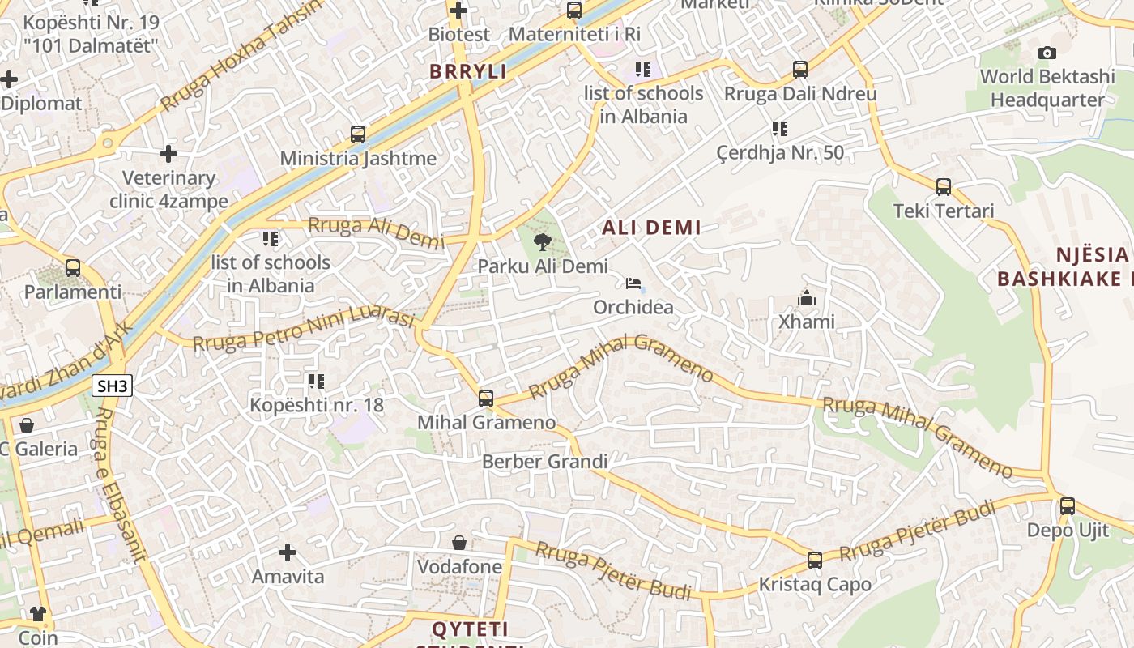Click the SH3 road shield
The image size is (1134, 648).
pyautogui.click(x=112, y=386)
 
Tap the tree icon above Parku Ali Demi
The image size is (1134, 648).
pyautogui.click(x=543, y=241)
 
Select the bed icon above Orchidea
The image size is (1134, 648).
pyautogui.click(x=633, y=283)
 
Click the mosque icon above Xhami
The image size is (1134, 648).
pyautogui.click(x=806, y=298)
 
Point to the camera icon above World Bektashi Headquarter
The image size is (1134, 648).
pyautogui.click(x=1047, y=53)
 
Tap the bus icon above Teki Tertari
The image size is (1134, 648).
pyautogui.click(x=944, y=187)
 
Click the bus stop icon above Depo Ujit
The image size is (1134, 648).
pyautogui.click(x=1068, y=506)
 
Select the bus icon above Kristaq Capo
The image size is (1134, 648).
pyautogui.click(x=815, y=560)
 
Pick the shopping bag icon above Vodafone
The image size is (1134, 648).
pyautogui.click(x=459, y=542)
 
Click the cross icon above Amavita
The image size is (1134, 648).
pyautogui.click(x=288, y=552)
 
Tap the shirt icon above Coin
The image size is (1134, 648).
pyautogui.click(x=38, y=613)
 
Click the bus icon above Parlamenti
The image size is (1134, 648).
pyautogui.click(x=73, y=267)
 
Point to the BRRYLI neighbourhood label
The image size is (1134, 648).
pyautogui.click(x=468, y=71)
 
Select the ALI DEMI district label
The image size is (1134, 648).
pyautogui.click(x=651, y=228)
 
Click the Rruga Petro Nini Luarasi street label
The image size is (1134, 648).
pyautogui.click(x=304, y=328)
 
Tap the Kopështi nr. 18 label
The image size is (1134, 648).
pyautogui.click(x=317, y=404)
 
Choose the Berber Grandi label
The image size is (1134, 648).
pyautogui.click(x=544, y=462)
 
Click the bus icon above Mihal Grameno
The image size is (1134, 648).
pyautogui.click(x=486, y=398)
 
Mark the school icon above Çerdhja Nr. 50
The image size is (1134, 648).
pyautogui.click(x=780, y=128)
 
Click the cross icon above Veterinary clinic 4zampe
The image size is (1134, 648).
pyautogui.click(x=168, y=153)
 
